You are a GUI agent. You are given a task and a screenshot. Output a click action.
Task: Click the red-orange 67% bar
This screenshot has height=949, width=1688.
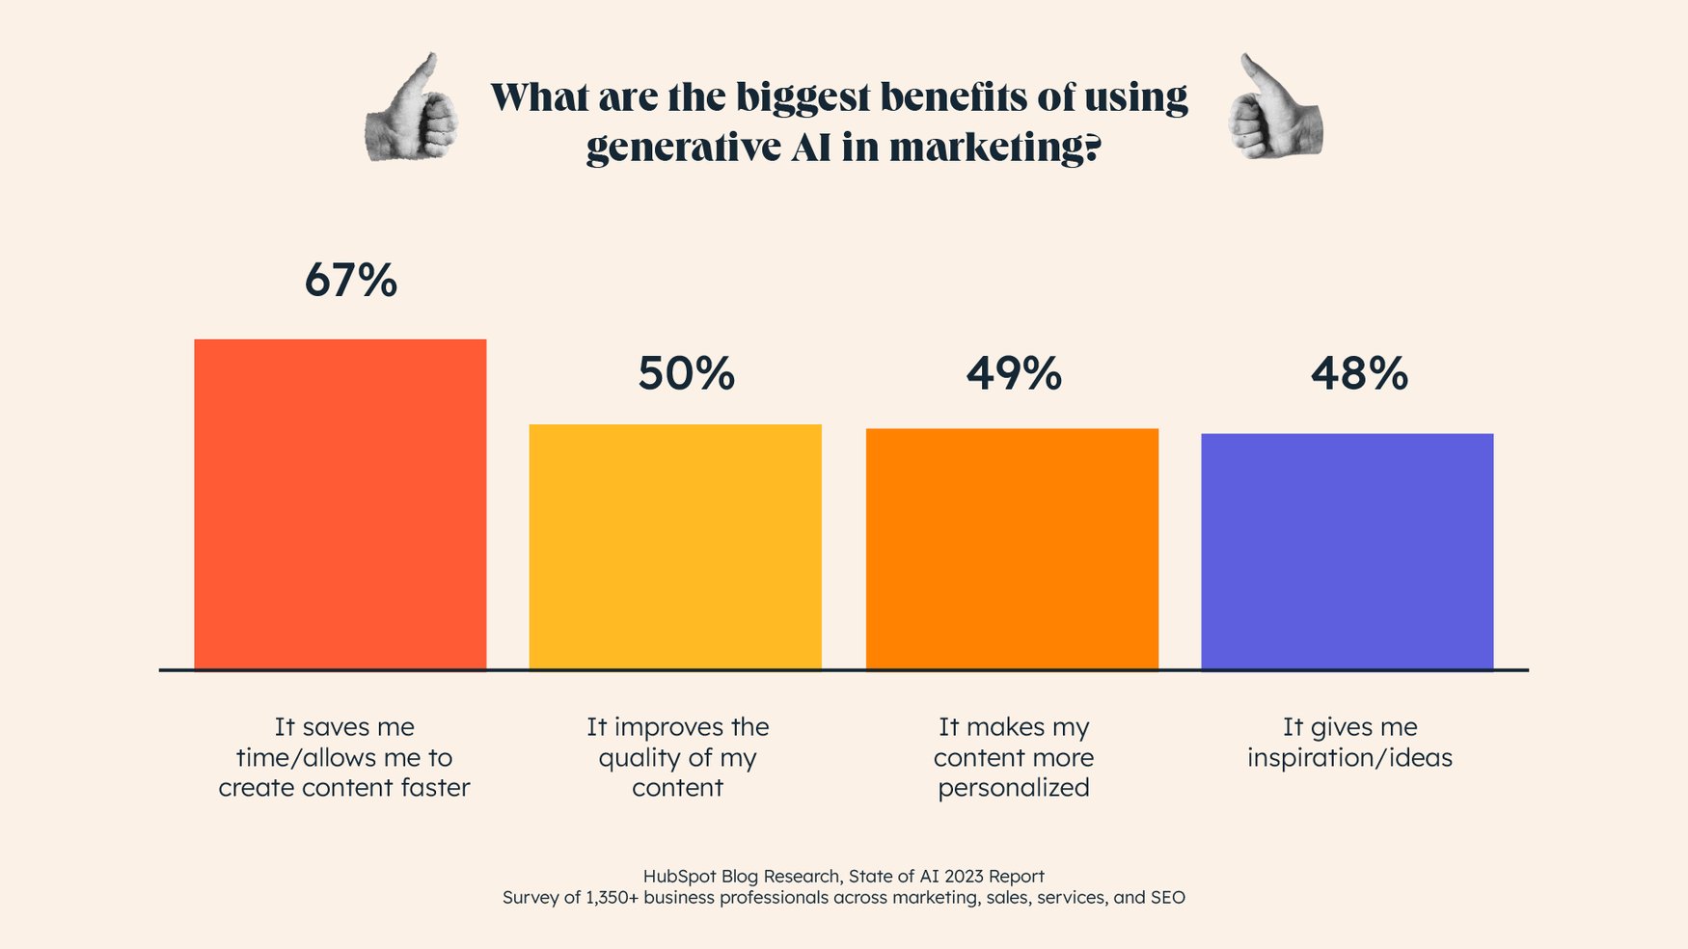[x=340, y=504]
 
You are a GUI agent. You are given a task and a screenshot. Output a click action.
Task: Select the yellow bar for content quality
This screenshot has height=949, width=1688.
[x=675, y=547]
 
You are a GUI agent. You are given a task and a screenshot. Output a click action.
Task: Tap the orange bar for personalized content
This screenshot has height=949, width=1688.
[x=1012, y=549]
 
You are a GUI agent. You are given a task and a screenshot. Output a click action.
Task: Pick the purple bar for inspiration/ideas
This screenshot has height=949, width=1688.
[x=1347, y=552]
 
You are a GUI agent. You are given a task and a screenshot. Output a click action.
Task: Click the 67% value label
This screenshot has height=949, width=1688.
[x=350, y=281]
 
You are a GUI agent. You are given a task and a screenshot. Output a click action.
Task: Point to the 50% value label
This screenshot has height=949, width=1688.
[x=686, y=374]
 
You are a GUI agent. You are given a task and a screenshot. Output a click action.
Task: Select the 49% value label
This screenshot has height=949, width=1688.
[x=1014, y=374]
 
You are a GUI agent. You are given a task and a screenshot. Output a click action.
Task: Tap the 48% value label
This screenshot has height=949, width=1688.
[x=1358, y=374]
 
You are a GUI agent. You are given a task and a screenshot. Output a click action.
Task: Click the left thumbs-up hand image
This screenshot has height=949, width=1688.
[x=412, y=108]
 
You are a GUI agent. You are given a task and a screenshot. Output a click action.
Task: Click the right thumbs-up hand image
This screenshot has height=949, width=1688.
[x=1275, y=108]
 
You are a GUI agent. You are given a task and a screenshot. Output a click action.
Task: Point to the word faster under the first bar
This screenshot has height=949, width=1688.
[x=435, y=788]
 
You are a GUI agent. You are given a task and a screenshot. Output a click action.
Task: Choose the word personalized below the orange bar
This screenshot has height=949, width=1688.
[x=1013, y=788]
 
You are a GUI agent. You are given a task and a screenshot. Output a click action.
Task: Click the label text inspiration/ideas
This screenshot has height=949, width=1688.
[x=1348, y=758]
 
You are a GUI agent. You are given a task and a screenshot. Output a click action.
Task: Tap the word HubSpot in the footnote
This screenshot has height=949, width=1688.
[x=679, y=876]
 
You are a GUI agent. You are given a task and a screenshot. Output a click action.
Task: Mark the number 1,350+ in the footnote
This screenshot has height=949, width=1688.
[x=612, y=898]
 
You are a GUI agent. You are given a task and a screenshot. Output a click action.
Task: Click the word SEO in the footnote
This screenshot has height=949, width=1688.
[x=1167, y=898]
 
